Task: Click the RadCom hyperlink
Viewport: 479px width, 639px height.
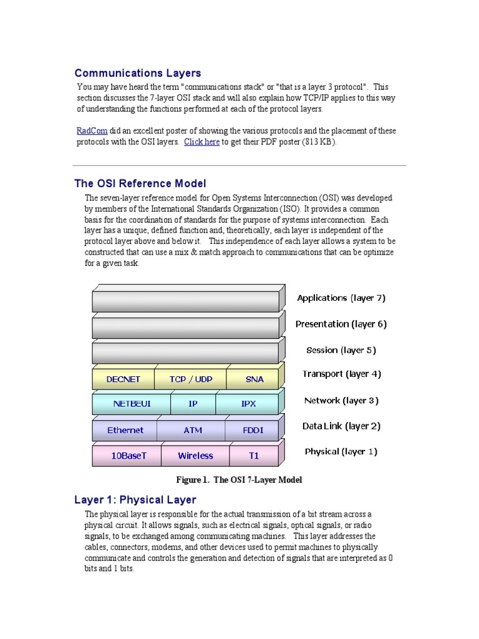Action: (92, 131)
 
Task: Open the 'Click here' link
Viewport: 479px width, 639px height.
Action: (201, 142)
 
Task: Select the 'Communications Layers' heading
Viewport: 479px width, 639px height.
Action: (138, 74)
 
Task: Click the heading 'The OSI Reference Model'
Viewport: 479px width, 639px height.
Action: (140, 183)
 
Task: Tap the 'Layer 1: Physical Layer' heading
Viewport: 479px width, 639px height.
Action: (135, 500)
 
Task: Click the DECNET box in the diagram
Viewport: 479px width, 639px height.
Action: (123, 379)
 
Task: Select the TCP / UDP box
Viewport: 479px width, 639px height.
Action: (190, 379)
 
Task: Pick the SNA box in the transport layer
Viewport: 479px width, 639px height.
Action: (254, 379)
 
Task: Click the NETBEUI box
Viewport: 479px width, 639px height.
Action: (132, 404)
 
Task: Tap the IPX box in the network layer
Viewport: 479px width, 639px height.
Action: (248, 404)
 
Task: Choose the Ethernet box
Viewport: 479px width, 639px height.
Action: (125, 430)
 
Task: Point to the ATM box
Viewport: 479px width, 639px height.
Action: (193, 430)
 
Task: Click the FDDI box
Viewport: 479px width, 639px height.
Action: (254, 430)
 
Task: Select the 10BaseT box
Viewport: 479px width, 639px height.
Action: (128, 456)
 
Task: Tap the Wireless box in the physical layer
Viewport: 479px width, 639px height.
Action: (195, 456)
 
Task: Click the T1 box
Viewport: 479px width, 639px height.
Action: (254, 456)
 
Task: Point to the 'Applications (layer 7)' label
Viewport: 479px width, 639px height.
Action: (341, 298)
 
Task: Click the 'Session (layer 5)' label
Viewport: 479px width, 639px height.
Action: (341, 350)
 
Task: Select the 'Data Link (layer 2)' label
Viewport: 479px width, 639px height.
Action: (341, 426)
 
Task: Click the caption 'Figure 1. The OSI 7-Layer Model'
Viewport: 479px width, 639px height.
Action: (239, 480)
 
